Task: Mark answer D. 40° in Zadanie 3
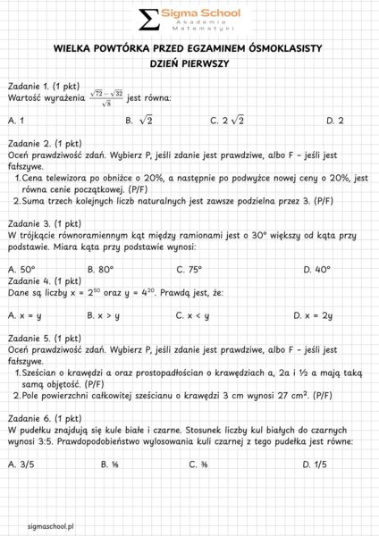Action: click(x=318, y=269)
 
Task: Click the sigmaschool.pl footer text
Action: click(x=51, y=527)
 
